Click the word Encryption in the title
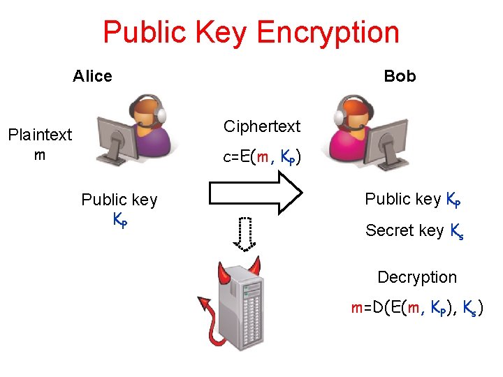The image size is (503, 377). [x=328, y=33]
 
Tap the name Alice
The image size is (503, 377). [x=92, y=76]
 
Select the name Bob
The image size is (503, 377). [x=400, y=76]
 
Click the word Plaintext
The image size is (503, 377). [x=40, y=135]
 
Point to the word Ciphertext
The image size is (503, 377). [x=262, y=126]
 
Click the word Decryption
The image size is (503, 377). [x=417, y=277]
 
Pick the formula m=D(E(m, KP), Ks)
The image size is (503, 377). [x=417, y=309]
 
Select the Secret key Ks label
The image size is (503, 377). [x=415, y=231]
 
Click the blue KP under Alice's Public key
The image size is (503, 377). [x=120, y=219]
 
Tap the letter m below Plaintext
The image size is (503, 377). [x=40, y=154]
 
